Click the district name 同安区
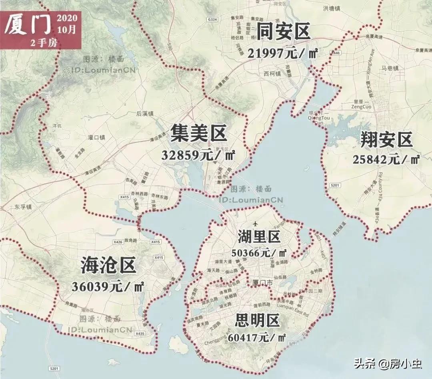pos(283,32)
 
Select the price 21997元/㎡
pos(282,53)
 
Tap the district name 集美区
pos(198,133)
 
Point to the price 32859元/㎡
pos(198,155)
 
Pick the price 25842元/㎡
pos(386,159)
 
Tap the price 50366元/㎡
pos(259,253)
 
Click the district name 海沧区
pos(108,265)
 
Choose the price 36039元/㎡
pos(108,286)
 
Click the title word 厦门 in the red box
pos(28,25)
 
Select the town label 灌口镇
pos(96,137)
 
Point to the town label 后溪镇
pos(145,113)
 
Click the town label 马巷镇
pos(390,68)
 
